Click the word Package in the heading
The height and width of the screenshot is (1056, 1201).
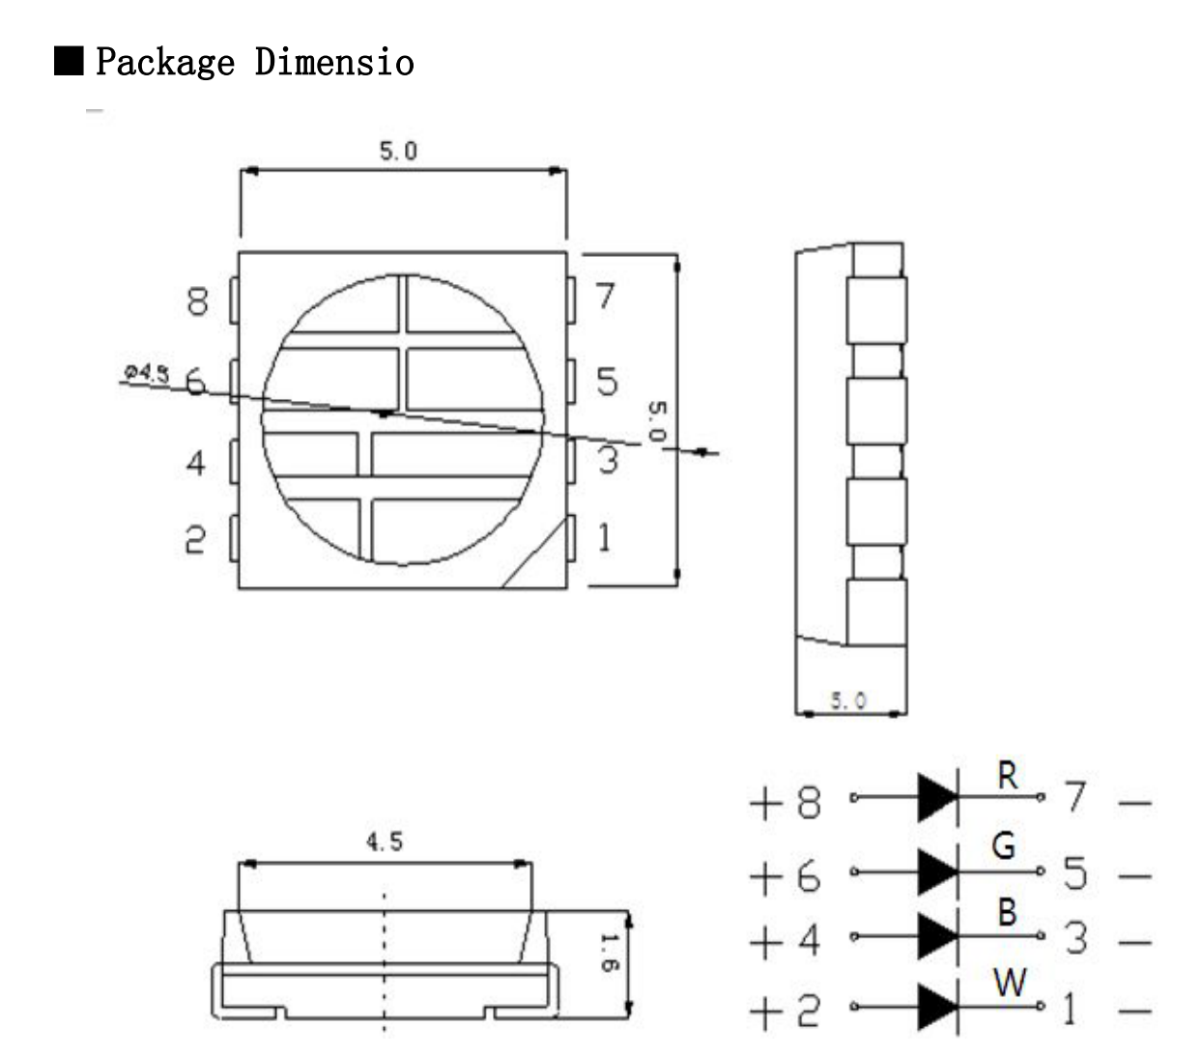tap(164, 63)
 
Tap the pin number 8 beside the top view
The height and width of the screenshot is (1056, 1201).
tap(197, 301)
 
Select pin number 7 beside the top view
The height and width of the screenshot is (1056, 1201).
tap(605, 296)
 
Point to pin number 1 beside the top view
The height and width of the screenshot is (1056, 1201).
tap(605, 537)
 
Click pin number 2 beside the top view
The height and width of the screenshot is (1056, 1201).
tap(195, 539)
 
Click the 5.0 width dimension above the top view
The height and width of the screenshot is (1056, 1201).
tap(398, 152)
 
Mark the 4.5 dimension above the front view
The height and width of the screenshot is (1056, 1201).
tap(384, 842)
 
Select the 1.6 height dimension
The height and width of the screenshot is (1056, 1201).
tap(607, 953)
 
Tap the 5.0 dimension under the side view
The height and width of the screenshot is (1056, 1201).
tap(848, 700)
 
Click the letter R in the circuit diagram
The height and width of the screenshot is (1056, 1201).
tap(1007, 775)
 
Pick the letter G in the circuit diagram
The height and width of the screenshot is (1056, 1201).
tap(1004, 846)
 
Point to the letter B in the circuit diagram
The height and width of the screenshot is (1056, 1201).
tap(1007, 912)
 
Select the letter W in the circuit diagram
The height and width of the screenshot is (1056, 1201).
tap(1010, 984)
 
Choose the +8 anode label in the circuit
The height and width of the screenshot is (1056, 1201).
tap(785, 802)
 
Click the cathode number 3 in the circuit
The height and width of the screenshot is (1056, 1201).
tap(1075, 938)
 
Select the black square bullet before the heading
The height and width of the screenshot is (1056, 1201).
tap(69, 61)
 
